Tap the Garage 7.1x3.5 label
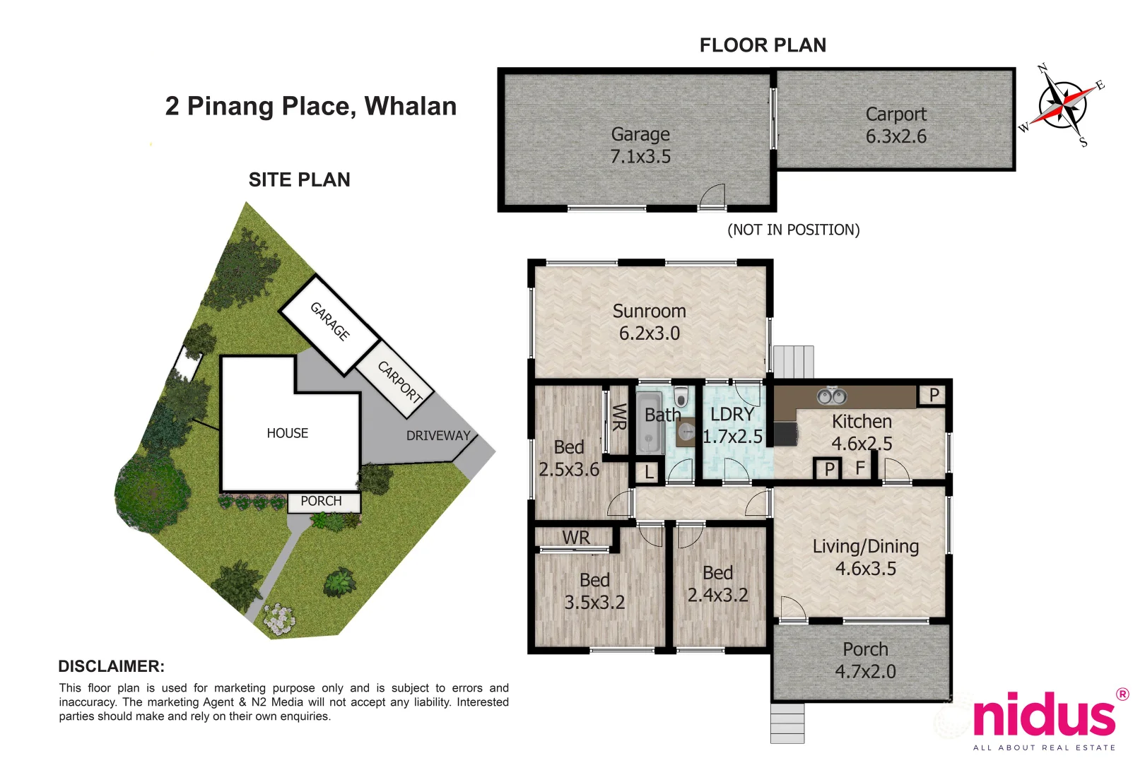click(x=640, y=146)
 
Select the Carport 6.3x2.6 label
click(x=896, y=125)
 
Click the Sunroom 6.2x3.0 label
click(x=649, y=322)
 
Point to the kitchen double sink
click(x=831, y=396)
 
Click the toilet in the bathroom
click(x=681, y=397)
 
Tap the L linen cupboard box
click(x=649, y=472)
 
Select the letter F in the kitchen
click(x=860, y=468)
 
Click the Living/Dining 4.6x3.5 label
click(x=865, y=557)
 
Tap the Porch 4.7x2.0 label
click(x=865, y=661)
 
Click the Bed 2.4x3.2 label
click(x=717, y=584)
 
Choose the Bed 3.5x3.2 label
click(x=594, y=591)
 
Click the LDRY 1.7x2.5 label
click(x=732, y=425)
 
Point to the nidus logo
click(x=1044, y=715)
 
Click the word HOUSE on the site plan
click(x=287, y=433)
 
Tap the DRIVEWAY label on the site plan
click(x=438, y=436)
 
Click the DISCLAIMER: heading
click(x=111, y=666)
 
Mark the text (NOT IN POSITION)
click(x=793, y=230)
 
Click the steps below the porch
click(x=787, y=723)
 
